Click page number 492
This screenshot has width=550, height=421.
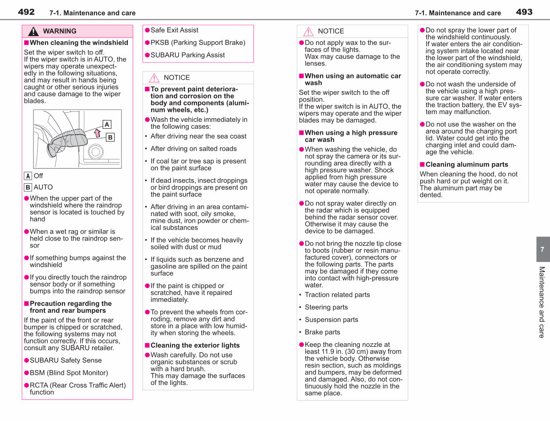26,12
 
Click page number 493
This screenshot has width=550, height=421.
524,12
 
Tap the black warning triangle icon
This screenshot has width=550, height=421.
33,31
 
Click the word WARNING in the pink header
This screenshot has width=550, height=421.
60,31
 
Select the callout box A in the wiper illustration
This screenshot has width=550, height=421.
107,125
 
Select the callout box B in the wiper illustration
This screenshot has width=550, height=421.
110,137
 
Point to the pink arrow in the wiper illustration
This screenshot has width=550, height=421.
97,133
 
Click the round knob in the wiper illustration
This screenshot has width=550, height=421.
96,152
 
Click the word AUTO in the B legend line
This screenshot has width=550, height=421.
43,187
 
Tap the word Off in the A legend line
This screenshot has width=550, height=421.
38,176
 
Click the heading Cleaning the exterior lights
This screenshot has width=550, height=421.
195,345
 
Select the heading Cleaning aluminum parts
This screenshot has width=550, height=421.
467,164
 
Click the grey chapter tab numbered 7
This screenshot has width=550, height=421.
543,249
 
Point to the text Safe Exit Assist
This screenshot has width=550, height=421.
174,30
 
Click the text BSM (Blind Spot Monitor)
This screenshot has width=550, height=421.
69,373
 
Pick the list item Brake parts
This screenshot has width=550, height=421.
322,332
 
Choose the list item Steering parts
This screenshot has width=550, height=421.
326,307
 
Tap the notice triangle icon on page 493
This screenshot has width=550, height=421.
308,32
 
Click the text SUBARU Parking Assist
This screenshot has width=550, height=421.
187,55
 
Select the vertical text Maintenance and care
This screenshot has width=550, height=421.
542,302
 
